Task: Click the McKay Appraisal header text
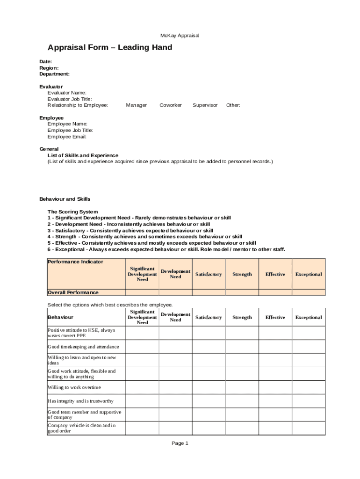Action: (180, 36)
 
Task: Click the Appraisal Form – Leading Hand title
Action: (110, 48)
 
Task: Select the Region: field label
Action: (49, 68)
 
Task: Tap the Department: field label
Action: (54, 74)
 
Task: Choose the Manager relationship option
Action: (136, 105)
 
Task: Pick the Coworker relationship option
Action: (171, 105)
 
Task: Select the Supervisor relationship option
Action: (205, 105)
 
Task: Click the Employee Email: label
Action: (67, 137)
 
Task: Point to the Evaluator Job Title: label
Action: (70, 99)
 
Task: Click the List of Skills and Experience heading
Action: (83, 155)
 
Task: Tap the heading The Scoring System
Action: (72, 212)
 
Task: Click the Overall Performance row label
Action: (73, 292)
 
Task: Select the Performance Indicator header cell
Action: (75, 262)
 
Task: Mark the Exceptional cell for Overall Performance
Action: (309, 292)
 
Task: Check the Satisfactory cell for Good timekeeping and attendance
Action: (209, 347)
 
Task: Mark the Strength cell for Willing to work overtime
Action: (242, 387)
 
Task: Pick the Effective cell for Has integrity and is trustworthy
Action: (275, 401)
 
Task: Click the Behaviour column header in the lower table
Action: (58, 318)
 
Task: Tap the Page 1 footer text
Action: (180, 443)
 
